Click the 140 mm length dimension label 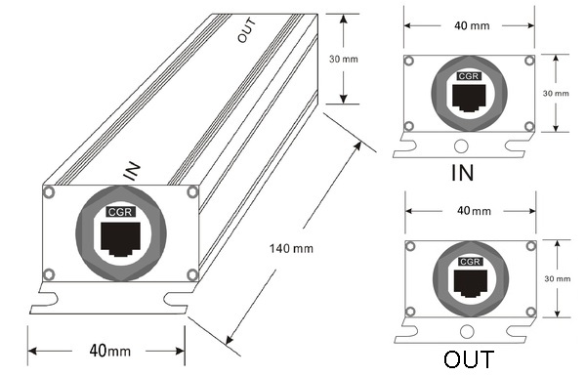(291, 248)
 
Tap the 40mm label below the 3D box (109, 351)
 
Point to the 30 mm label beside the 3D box (344, 59)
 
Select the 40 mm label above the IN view (472, 25)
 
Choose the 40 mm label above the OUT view (474, 211)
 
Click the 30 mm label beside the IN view (556, 93)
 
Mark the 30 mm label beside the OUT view (558, 278)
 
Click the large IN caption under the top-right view (463, 172)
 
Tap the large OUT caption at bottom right (469, 359)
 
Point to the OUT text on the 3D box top (247, 30)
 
